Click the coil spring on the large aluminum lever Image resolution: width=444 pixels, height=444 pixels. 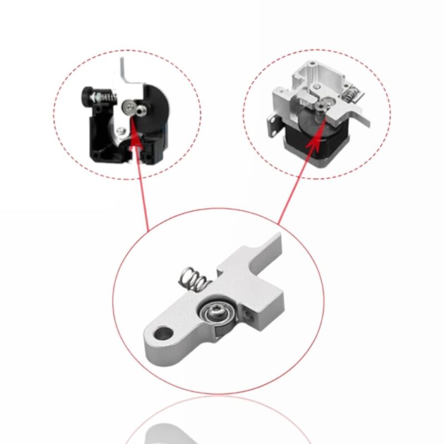(193, 279)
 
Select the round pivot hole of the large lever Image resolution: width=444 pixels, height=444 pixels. (164, 334)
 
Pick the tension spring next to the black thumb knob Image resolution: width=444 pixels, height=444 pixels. (106, 97)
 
